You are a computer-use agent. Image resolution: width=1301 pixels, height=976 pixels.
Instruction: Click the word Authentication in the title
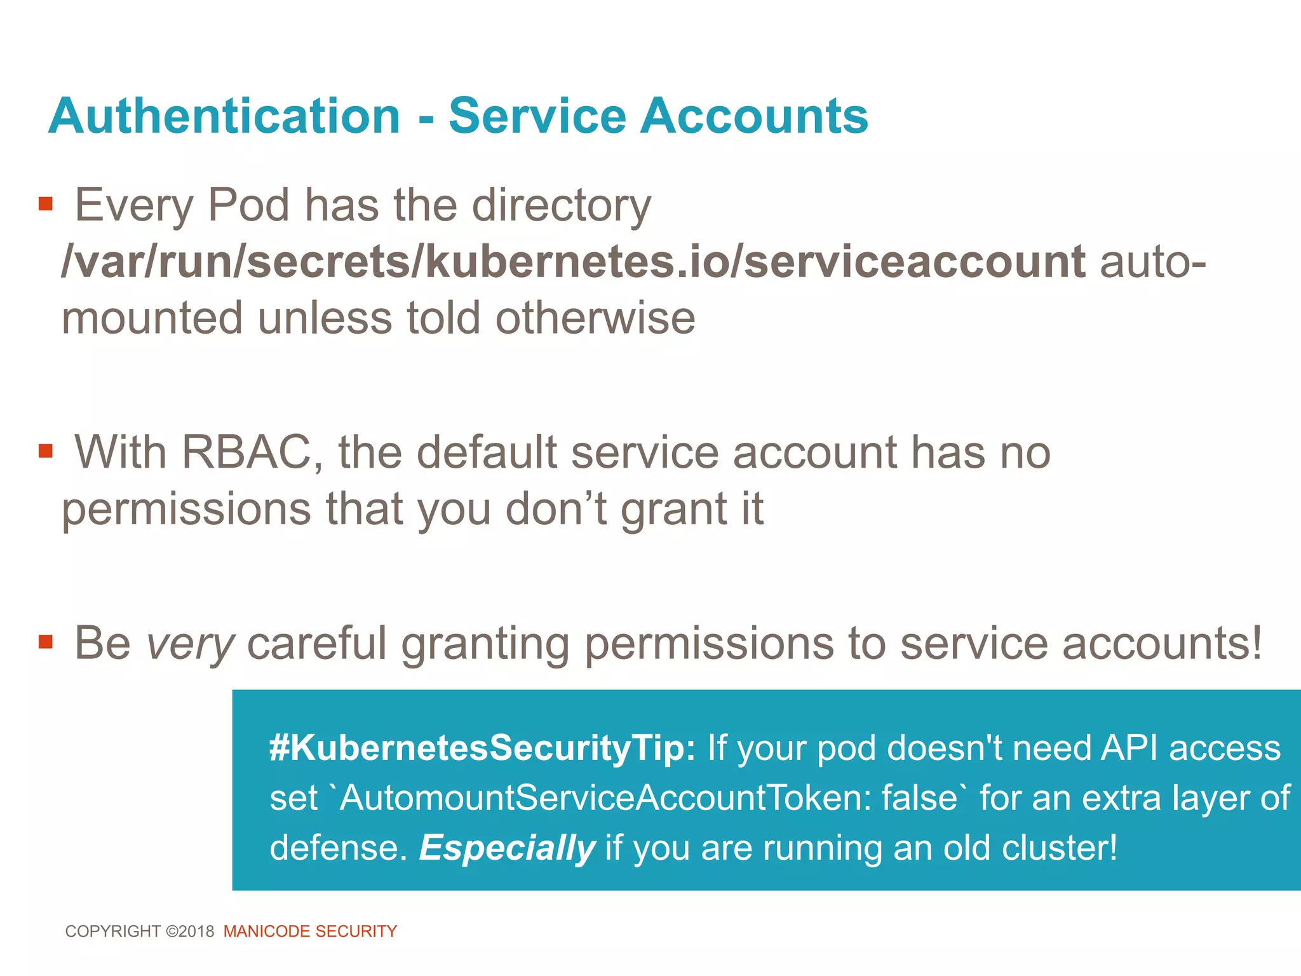pyautogui.click(x=224, y=116)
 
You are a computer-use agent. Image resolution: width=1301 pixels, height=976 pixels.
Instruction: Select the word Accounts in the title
pyautogui.click(x=754, y=116)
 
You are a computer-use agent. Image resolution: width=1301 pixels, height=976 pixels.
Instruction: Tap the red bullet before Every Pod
pyautogui.click(x=45, y=204)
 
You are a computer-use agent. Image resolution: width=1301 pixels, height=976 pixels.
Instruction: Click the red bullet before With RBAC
pyautogui.click(x=45, y=451)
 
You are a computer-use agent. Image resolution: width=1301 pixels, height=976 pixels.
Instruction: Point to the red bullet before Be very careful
pyautogui.click(x=45, y=641)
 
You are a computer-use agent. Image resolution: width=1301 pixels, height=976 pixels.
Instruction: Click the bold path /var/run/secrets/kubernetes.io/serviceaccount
pyautogui.click(x=573, y=261)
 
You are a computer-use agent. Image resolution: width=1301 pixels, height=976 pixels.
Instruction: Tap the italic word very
pyautogui.click(x=190, y=644)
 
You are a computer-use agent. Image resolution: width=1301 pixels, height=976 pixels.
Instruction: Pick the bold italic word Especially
pyautogui.click(x=507, y=848)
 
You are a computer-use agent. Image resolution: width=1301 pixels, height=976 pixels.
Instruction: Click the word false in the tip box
pyautogui.click(x=919, y=798)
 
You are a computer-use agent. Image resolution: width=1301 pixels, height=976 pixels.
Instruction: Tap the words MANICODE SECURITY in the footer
pyautogui.click(x=310, y=932)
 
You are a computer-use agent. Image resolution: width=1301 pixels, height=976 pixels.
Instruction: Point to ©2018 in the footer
pyautogui.click(x=190, y=932)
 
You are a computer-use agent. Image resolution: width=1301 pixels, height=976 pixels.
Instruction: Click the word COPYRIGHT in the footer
pyautogui.click(x=113, y=932)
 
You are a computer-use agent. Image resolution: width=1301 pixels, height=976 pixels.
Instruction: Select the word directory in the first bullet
pyautogui.click(x=562, y=206)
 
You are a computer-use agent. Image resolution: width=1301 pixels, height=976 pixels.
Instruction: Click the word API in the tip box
pyautogui.click(x=1129, y=748)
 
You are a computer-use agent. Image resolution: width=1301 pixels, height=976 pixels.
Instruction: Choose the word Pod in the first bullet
pyautogui.click(x=248, y=206)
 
